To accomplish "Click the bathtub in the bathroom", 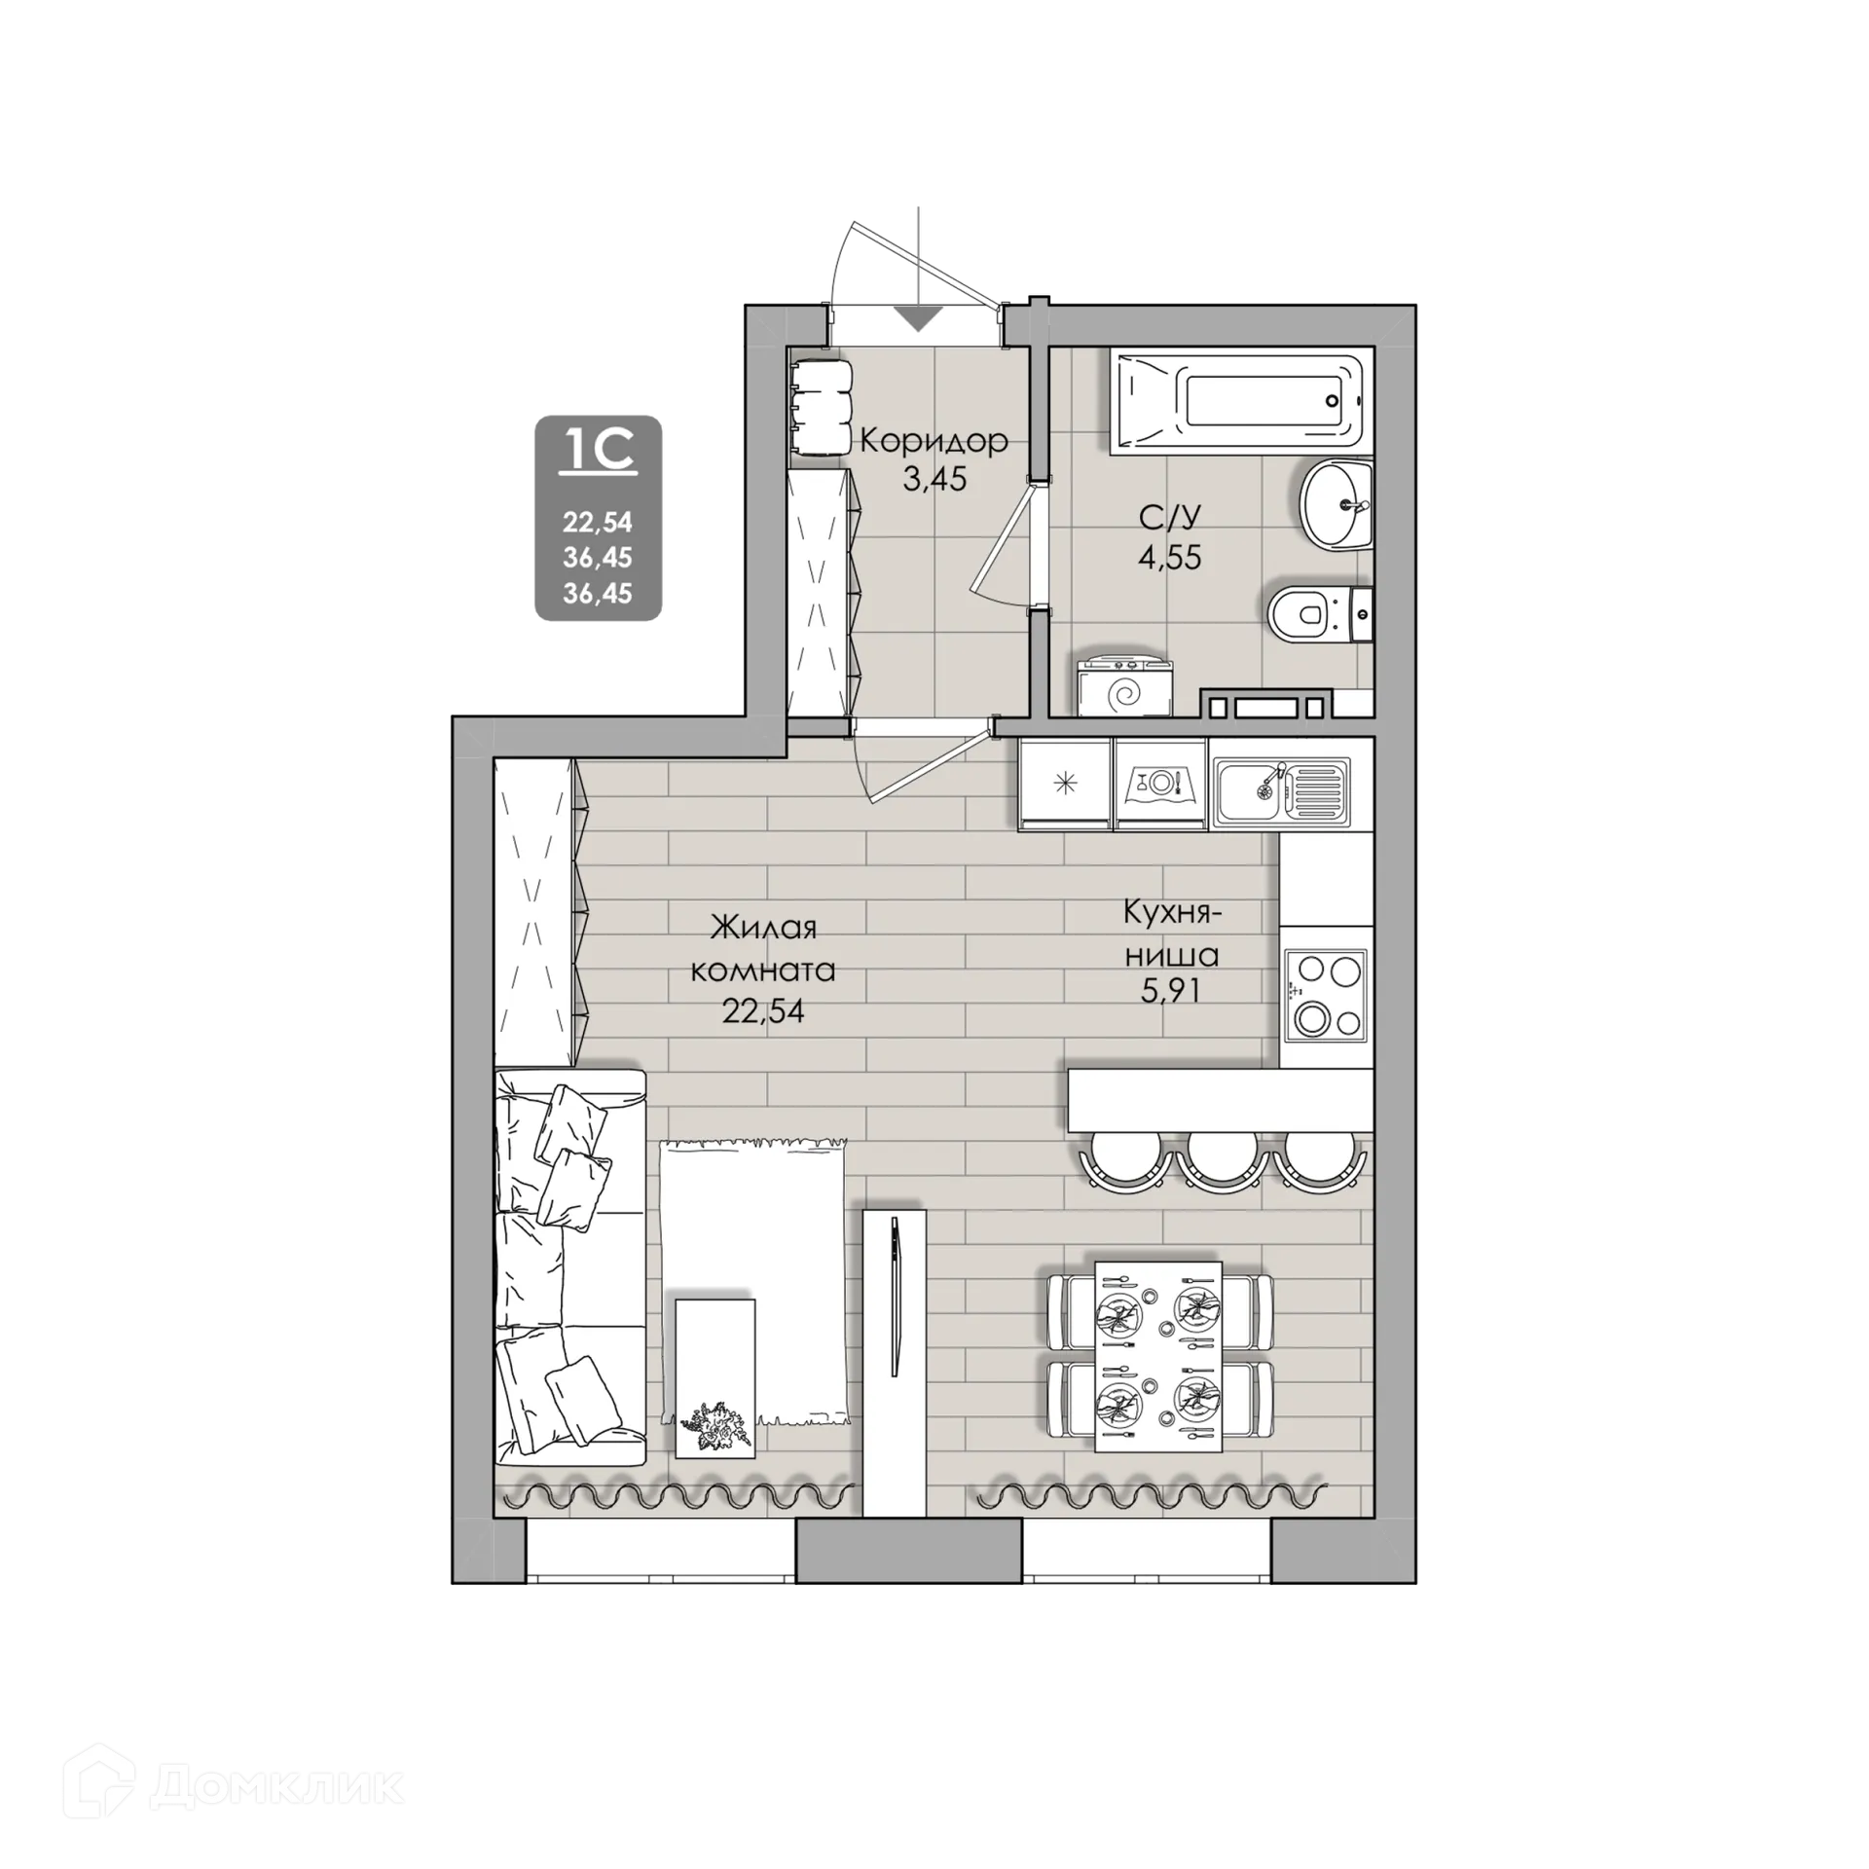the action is point(1241,402).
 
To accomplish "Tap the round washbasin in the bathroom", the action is point(1336,505).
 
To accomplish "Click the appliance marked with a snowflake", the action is point(1066,784).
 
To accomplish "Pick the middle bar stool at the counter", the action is point(1221,1160).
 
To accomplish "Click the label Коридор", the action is point(933,442).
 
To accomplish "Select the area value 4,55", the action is point(1171,558).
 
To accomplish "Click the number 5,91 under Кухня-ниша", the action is point(1172,992).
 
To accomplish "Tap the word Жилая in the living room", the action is point(763,928).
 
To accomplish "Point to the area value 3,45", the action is point(934,479).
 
